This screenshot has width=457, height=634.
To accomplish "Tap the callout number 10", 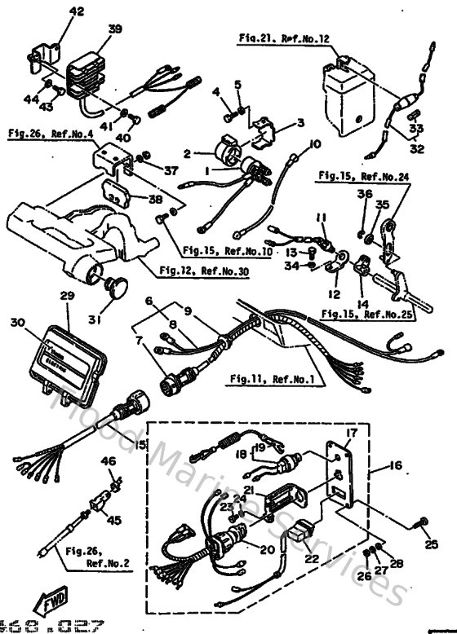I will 314,145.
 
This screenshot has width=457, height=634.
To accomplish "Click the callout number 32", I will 417,150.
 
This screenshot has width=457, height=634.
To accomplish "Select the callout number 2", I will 186,152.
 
